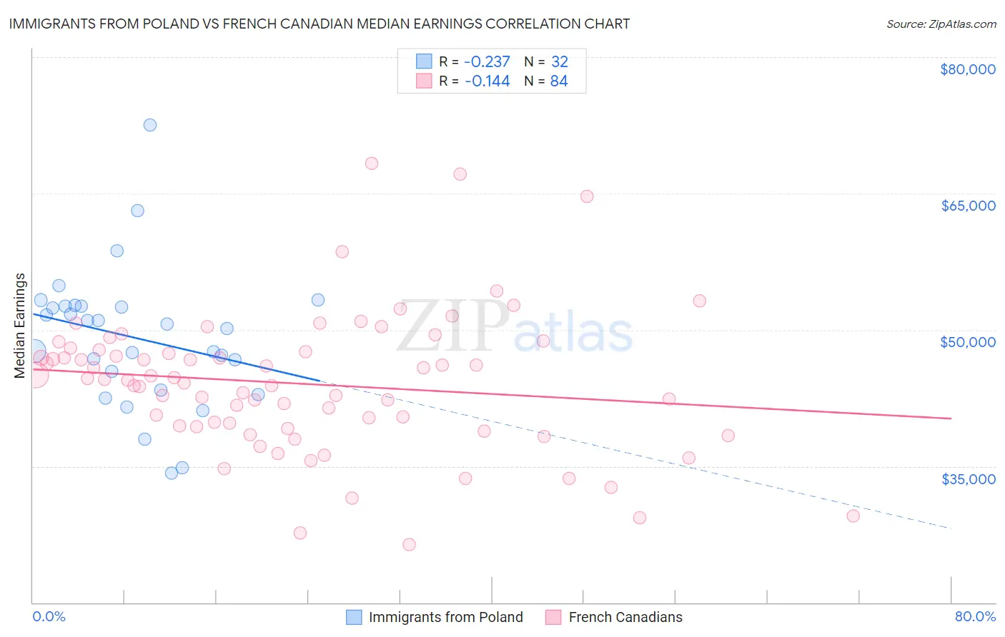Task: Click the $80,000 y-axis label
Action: pyautogui.click(x=967, y=69)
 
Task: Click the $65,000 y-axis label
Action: pyautogui.click(x=968, y=206)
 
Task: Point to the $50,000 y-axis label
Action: pyautogui.click(x=968, y=342)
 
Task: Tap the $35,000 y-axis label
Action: pyautogui.click(x=968, y=479)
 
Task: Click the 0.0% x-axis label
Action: pyautogui.click(x=49, y=616)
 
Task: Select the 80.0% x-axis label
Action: pyautogui.click(x=975, y=616)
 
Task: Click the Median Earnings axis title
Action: pyautogui.click(x=20, y=325)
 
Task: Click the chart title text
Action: pyautogui.click(x=319, y=24)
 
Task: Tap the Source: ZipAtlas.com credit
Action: pyautogui.click(x=941, y=24)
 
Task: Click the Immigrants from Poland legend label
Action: pyautogui.click(x=445, y=617)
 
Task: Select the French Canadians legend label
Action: pyautogui.click(x=625, y=617)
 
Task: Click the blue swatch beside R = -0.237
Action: pyautogui.click(x=424, y=61)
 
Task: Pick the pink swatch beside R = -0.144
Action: pyautogui.click(x=424, y=81)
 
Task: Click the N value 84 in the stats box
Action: pyautogui.click(x=559, y=81)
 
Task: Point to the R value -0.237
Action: pyautogui.click(x=487, y=61)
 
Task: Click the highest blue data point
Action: pyautogui.click(x=150, y=125)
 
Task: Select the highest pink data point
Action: pyautogui.click(x=372, y=164)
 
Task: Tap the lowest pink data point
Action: pyautogui.click(x=409, y=545)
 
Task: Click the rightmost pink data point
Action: pyautogui.click(x=853, y=516)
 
